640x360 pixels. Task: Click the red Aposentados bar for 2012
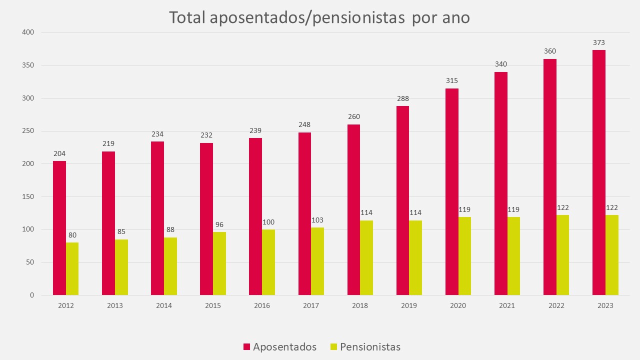pos(59,228)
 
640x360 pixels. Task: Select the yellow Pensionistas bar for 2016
pos(268,262)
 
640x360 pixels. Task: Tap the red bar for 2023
pos(599,172)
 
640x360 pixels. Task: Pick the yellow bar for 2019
pos(415,258)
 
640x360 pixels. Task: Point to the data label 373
pos(599,43)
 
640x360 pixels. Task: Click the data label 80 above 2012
pos(72,235)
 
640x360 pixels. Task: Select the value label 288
pos(403,99)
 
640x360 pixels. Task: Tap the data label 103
pos(317,220)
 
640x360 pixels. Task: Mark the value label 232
pos(206,135)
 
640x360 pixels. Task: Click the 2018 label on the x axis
pos(360,305)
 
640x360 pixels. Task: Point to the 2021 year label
pos(507,305)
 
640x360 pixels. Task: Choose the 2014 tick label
pos(164,305)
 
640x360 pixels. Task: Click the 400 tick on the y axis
pos(28,32)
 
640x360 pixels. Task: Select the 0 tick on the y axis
pos(31,295)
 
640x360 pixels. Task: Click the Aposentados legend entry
pos(284,347)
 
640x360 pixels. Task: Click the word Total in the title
pos(187,17)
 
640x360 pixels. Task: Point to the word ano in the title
pos(454,17)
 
